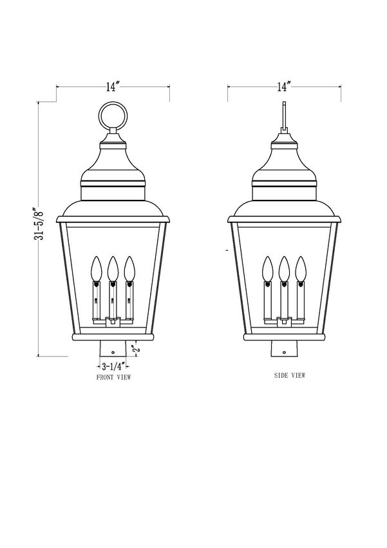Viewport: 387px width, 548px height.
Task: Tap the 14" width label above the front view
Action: pos(113,86)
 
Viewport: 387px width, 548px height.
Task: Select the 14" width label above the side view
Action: pos(285,86)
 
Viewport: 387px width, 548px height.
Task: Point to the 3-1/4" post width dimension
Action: pos(113,367)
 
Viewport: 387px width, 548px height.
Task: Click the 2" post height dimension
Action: pos(136,348)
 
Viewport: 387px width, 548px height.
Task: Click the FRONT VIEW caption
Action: pos(113,377)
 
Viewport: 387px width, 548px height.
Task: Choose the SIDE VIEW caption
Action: pos(289,375)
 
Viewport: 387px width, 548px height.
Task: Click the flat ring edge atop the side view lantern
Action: pos(285,115)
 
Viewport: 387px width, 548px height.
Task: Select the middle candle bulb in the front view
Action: pos(113,269)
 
